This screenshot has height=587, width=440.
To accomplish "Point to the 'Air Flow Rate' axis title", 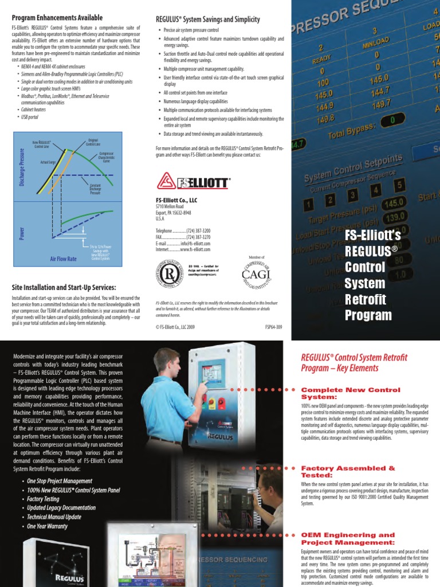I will pyautogui.click(x=63, y=259).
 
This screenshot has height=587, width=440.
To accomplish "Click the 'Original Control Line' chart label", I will pyautogui.click(x=93, y=142).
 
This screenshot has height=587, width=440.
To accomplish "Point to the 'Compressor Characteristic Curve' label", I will pyautogui.click(x=107, y=158).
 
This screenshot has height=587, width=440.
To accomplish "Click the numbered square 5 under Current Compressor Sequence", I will pyautogui.click(x=399, y=185).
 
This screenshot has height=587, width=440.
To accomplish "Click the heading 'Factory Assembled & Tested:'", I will pyautogui.click(x=348, y=472).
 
